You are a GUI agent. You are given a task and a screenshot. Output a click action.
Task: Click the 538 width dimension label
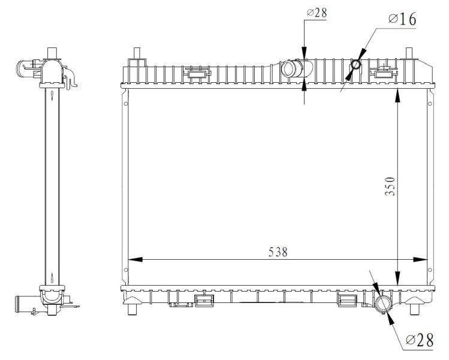(x=278, y=252)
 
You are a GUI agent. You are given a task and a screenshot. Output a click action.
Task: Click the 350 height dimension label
(x=390, y=187)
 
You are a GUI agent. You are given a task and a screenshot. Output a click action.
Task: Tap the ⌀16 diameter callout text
(x=402, y=19)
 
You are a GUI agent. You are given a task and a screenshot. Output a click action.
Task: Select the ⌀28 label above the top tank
(x=317, y=13)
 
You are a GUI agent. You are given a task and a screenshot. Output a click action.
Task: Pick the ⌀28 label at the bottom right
(x=420, y=340)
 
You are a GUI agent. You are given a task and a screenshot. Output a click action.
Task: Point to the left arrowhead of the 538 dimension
(x=135, y=259)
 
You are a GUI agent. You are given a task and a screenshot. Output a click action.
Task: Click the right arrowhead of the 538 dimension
(x=420, y=259)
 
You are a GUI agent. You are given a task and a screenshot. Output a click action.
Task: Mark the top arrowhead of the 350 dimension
(x=397, y=95)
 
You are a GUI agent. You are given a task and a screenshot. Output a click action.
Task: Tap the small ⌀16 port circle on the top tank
(x=356, y=64)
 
